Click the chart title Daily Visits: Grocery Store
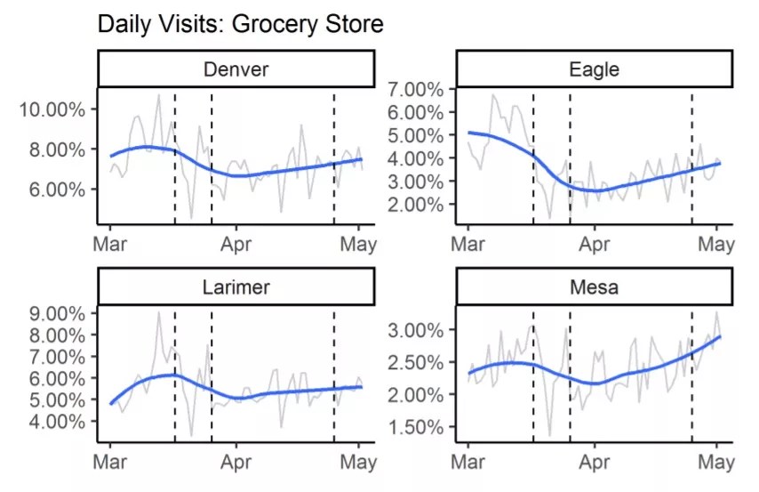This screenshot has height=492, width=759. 241,24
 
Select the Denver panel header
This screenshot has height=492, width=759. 236,69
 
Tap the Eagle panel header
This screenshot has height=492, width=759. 594,69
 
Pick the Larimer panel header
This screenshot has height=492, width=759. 236,286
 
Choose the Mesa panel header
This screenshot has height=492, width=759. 594,286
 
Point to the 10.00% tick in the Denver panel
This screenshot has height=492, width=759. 54,109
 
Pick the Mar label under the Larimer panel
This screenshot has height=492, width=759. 110,462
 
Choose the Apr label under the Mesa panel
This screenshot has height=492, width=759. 594,462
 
